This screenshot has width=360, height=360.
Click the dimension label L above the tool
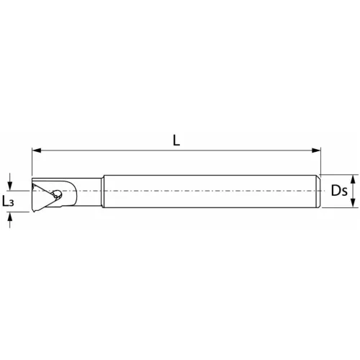point(176,140)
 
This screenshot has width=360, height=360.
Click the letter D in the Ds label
point(336,192)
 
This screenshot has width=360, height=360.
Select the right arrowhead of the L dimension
point(317,150)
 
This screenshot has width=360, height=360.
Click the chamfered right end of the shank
point(318,192)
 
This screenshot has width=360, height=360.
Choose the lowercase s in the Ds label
point(344,193)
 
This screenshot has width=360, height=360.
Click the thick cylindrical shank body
point(209,192)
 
